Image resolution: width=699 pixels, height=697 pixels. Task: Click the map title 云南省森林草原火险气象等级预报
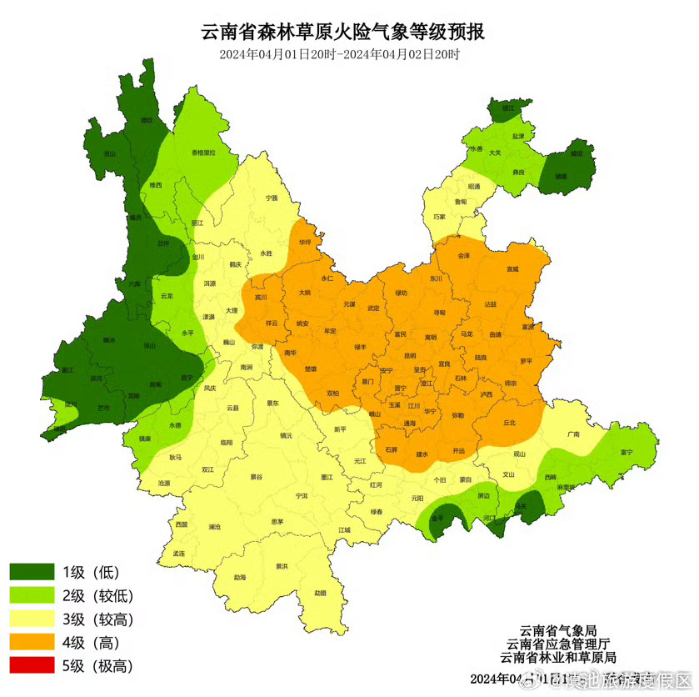pyautogui.click(x=342, y=33)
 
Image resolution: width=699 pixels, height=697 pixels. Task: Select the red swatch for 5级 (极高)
pyautogui.click(x=32, y=665)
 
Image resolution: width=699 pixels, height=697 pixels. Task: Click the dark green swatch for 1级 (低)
pyautogui.click(x=32, y=572)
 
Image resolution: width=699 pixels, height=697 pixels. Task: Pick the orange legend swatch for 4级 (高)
pyautogui.click(x=32, y=642)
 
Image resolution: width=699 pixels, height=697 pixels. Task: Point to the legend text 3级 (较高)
pyautogui.click(x=98, y=619)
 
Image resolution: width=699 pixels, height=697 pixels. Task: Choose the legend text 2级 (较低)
pyautogui.click(x=98, y=595)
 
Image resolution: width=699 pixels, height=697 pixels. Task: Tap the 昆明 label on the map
pyautogui.click(x=409, y=355)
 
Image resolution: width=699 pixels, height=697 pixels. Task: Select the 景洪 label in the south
pyautogui.click(x=282, y=566)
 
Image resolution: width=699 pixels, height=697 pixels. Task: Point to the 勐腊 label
pyautogui.click(x=321, y=593)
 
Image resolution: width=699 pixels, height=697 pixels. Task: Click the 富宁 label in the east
pyautogui.click(x=627, y=452)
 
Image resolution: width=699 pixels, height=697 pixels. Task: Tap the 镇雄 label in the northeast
pyautogui.click(x=561, y=177)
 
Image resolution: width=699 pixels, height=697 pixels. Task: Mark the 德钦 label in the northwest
pyautogui.click(x=147, y=121)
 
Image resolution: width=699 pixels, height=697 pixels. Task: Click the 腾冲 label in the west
pyautogui.click(x=108, y=340)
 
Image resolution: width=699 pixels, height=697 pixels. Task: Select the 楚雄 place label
pyautogui.click(x=311, y=368)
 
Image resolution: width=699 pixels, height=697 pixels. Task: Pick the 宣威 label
pyautogui.click(x=512, y=269)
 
